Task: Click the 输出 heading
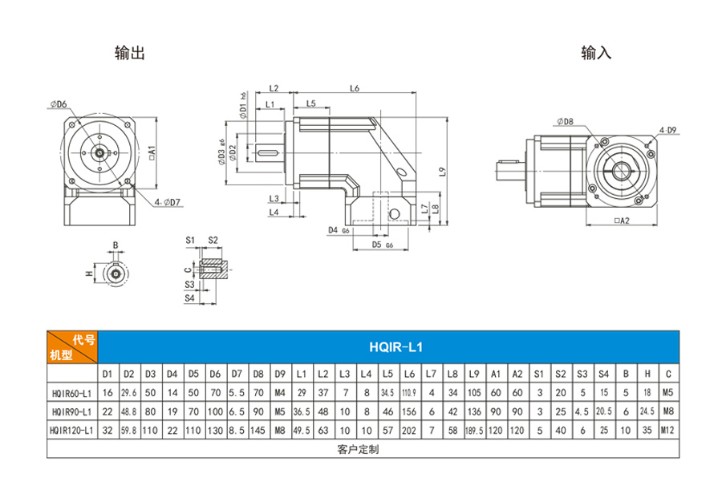130,53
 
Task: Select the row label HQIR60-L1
72,392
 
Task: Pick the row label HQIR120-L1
72,430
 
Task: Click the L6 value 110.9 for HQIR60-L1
408,392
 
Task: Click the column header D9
279,374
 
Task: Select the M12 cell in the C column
667,430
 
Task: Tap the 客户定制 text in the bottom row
359,449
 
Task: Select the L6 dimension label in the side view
354,88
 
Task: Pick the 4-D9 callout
667,129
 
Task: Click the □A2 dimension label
622,221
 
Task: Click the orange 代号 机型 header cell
72,347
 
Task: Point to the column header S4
603,374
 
